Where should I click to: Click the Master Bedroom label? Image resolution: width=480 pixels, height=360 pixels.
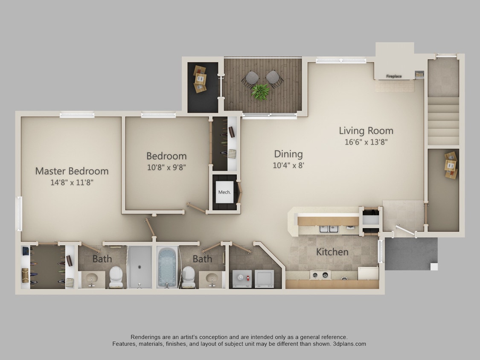(x=72, y=171)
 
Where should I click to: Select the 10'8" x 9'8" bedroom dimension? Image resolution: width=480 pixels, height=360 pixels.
(x=166, y=168)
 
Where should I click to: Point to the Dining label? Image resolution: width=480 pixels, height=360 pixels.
(x=288, y=154)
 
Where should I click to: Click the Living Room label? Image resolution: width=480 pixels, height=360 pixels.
(x=366, y=131)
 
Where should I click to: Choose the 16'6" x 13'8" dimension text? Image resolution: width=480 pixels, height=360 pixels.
(x=366, y=142)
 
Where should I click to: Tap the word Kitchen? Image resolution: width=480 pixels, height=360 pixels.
(x=332, y=252)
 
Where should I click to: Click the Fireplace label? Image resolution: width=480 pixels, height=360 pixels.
(x=394, y=76)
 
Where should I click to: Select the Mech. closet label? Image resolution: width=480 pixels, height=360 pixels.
(x=224, y=192)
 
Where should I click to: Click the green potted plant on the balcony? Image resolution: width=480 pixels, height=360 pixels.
(x=260, y=92)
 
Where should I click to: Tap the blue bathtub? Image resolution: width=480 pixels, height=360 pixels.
(x=167, y=268)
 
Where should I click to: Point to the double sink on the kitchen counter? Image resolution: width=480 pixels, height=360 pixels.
(x=329, y=229)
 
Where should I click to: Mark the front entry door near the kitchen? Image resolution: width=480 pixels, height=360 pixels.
(x=405, y=231)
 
